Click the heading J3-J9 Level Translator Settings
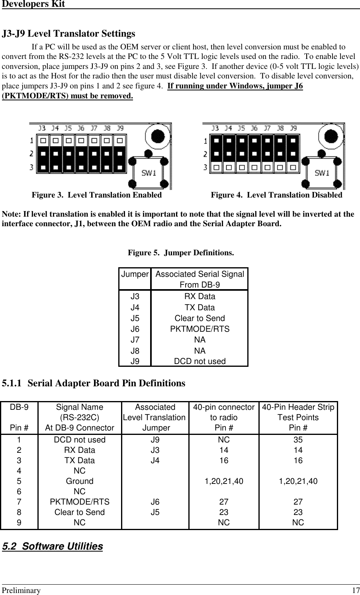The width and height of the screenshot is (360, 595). click(68, 33)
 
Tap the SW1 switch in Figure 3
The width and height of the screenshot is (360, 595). click(149, 173)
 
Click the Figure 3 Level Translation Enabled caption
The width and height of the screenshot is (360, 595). click(97, 195)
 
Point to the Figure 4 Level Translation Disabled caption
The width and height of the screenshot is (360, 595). click(276, 195)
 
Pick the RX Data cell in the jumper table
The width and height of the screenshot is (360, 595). click(200, 297)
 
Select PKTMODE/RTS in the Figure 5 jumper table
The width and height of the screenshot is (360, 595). click(200, 329)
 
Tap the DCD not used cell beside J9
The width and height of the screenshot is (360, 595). click(200, 361)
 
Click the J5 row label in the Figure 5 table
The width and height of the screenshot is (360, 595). click(135, 319)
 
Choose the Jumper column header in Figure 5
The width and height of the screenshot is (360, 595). click(135, 274)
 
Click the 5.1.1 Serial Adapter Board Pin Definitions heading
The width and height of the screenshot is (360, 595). click(94, 384)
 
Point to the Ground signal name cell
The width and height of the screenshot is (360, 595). click(80, 481)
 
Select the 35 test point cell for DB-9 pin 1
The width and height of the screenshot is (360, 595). click(298, 440)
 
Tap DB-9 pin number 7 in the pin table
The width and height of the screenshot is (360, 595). click(19, 502)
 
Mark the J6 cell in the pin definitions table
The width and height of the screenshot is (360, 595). click(155, 502)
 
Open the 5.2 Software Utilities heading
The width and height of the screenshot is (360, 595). click(53, 546)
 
